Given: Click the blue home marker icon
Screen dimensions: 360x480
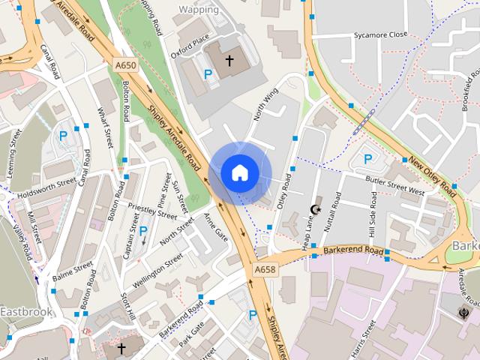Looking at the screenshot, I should point(239,172).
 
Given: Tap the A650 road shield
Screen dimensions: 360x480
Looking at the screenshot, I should point(126,66).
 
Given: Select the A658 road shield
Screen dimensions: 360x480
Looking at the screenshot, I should point(265,269).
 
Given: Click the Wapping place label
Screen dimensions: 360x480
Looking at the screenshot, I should point(199,10).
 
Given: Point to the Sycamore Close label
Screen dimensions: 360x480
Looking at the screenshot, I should point(380,34).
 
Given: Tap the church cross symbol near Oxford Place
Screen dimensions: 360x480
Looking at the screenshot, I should point(229,58).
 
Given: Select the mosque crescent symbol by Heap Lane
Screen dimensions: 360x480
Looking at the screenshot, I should point(316,210).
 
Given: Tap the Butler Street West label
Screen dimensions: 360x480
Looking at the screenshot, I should point(395,186).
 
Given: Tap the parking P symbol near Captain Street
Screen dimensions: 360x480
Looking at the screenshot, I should point(142,231).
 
